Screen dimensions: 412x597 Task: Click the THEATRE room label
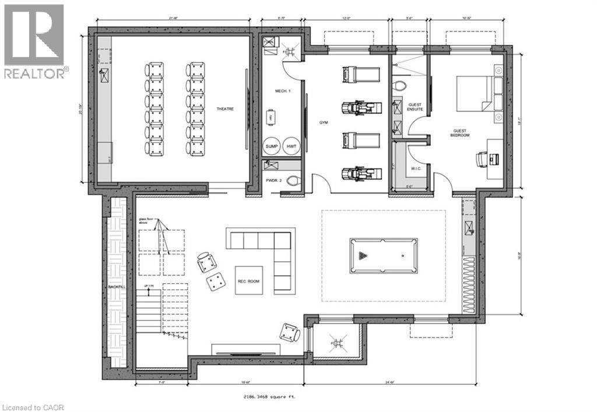pyautogui.click(x=224, y=109)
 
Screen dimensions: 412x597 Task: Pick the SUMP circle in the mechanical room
pyautogui.click(x=272, y=147)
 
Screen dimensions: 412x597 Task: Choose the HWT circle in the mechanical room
pyautogui.click(x=290, y=147)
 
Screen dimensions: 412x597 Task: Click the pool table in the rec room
pyautogui.click(x=383, y=255)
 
